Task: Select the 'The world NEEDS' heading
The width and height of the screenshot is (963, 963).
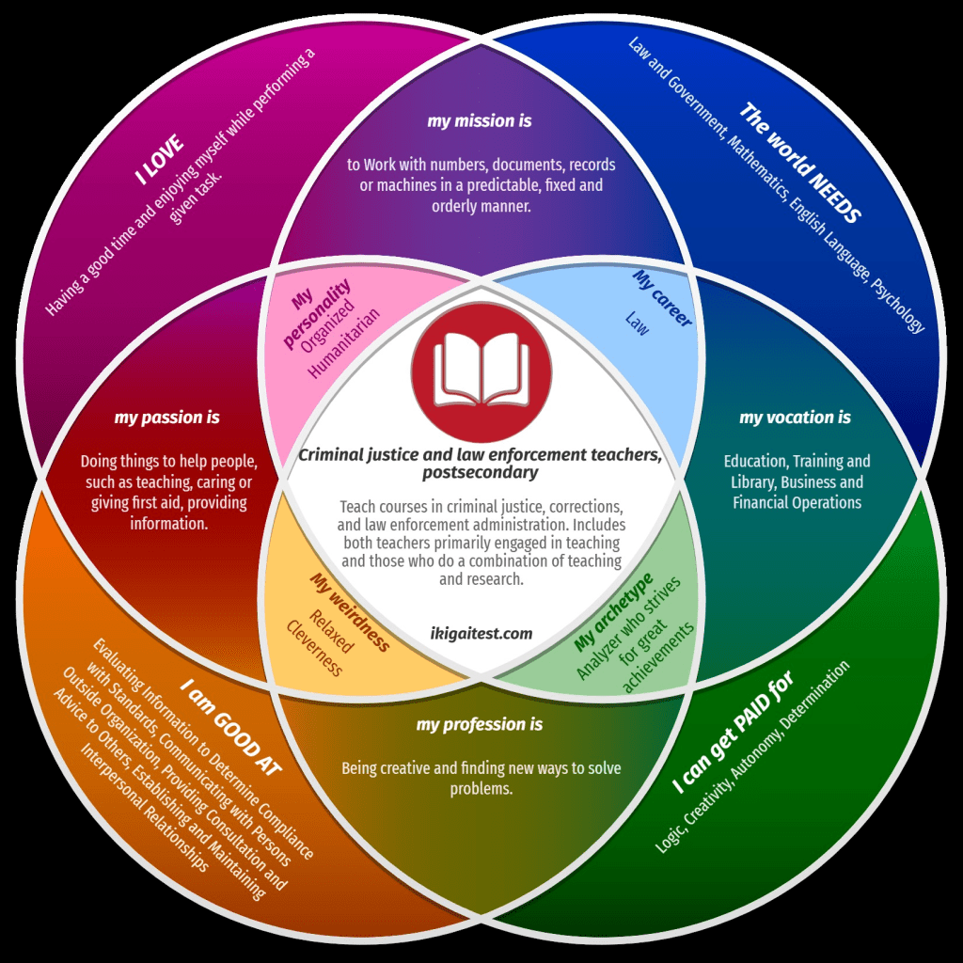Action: pyautogui.click(x=798, y=163)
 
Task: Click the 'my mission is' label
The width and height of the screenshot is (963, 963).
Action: pyautogui.click(x=480, y=121)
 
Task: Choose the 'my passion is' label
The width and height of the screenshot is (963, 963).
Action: pyautogui.click(x=167, y=418)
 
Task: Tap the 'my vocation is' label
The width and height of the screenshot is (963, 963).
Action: pyautogui.click(x=795, y=418)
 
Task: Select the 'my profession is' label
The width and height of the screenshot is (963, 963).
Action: pyautogui.click(x=480, y=725)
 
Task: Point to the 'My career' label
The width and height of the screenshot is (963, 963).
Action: pyautogui.click(x=662, y=299)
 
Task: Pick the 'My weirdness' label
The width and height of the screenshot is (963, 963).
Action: pyautogui.click(x=349, y=611)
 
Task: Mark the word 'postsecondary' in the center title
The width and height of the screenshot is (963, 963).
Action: pyautogui.click(x=481, y=471)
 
